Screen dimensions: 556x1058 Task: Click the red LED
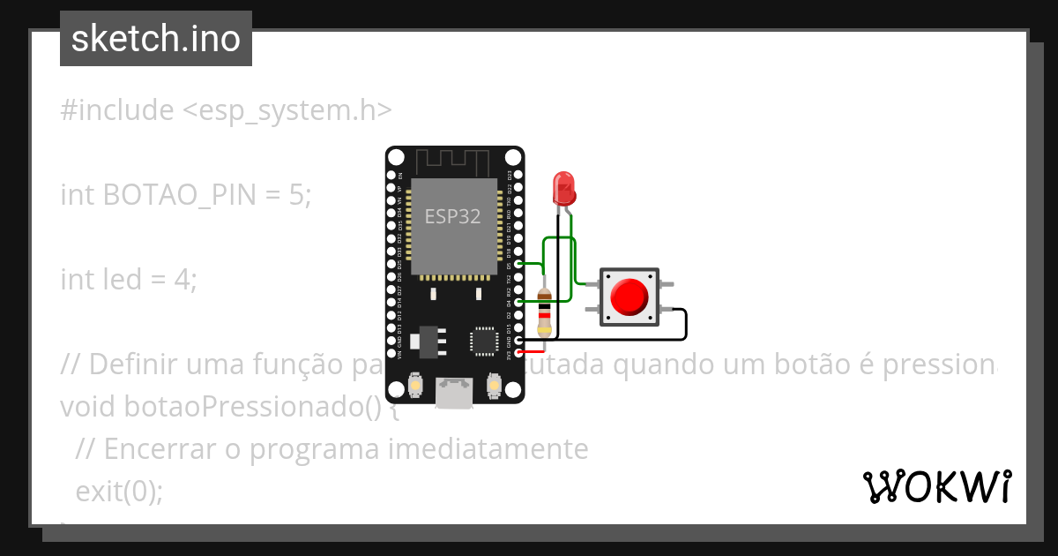[563, 188]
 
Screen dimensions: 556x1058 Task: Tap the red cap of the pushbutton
[630, 297]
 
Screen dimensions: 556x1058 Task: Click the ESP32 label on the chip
[452, 216]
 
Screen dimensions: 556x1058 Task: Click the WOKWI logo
[936, 486]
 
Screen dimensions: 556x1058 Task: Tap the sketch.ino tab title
[156, 40]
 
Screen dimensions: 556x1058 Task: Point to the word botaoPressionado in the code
[221, 407]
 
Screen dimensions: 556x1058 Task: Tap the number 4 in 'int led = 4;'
[183, 280]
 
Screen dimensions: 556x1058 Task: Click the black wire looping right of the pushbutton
[685, 324]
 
